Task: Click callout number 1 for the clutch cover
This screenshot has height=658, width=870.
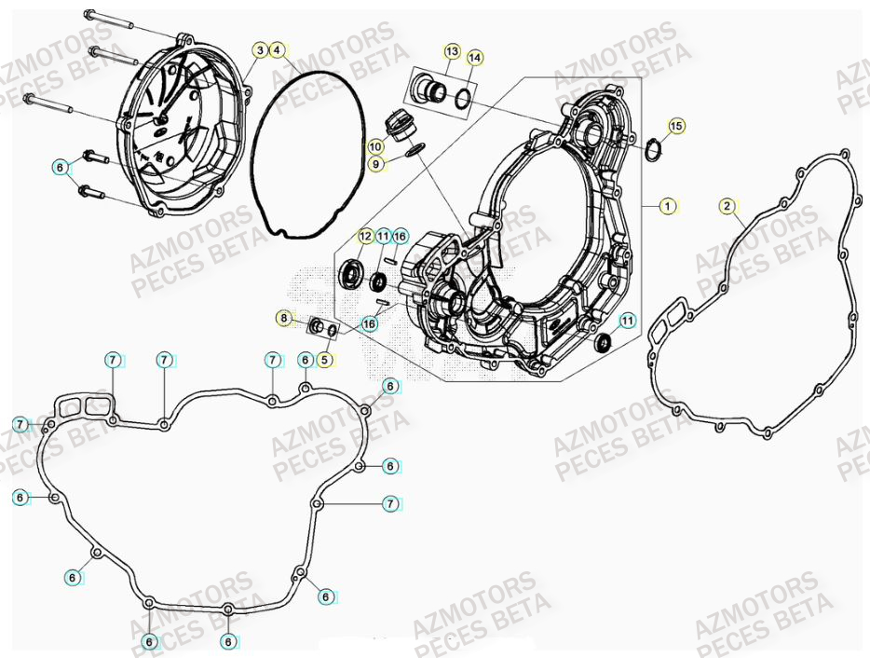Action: tap(667, 206)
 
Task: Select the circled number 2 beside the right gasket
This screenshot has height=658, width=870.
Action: tap(727, 205)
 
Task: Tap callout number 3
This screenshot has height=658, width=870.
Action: tap(260, 49)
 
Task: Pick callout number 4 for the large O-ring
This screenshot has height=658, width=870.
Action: tap(276, 49)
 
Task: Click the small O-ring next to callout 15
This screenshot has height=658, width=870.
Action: tap(655, 146)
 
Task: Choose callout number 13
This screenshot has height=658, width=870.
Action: tap(452, 50)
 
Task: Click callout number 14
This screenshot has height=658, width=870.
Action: tap(474, 58)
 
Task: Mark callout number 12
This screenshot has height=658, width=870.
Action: tap(364, 237)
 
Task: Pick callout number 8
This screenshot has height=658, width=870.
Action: tap(283, 318)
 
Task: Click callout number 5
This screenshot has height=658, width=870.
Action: tap(325, 359)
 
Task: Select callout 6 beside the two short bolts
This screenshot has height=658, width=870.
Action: tap(61, 168)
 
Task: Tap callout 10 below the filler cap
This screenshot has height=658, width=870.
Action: tap(375, 147)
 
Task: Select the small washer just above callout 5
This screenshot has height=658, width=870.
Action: tap(331, 329)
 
